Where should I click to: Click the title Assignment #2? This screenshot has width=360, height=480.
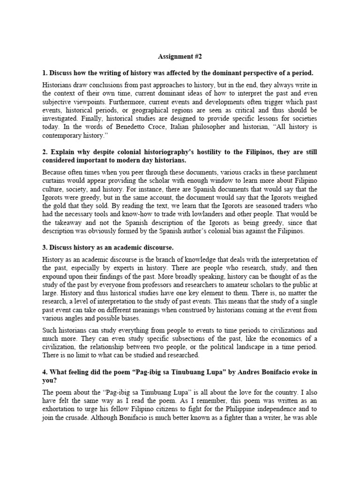click(180, 56)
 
